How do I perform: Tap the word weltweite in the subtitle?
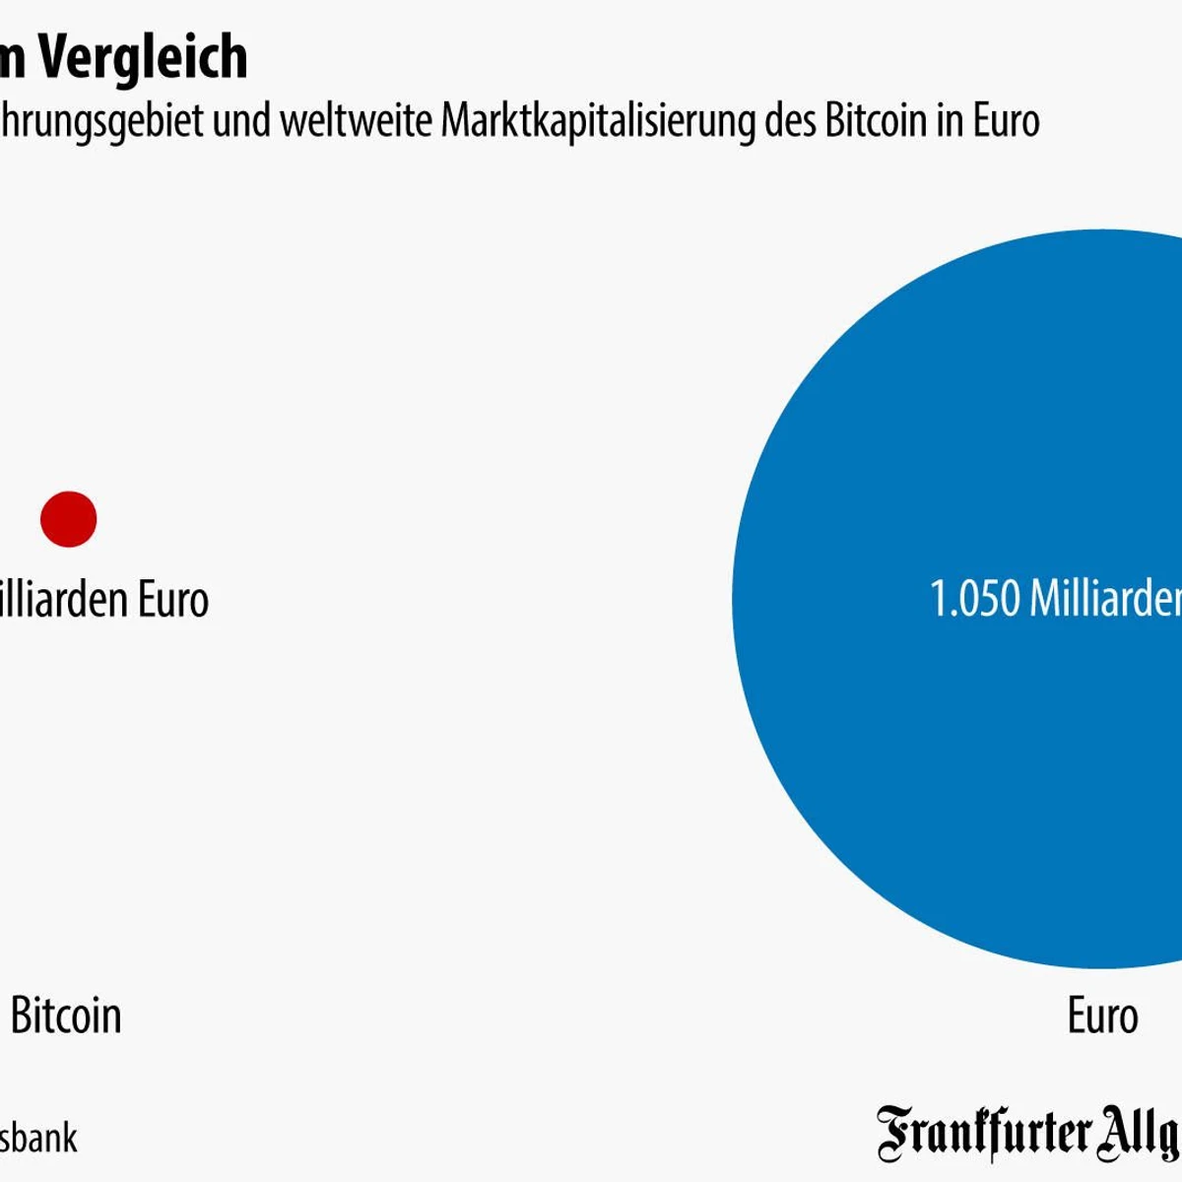[355, 121]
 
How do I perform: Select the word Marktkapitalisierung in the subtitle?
[599, 121]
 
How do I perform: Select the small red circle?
[68, 519]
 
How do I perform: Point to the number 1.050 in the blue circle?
[974, 599]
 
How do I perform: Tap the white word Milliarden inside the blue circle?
[1105, 599]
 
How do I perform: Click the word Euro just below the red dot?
[172, 599]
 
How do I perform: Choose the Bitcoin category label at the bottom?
[66, 1016]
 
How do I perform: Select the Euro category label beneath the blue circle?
[1102, 1016]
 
